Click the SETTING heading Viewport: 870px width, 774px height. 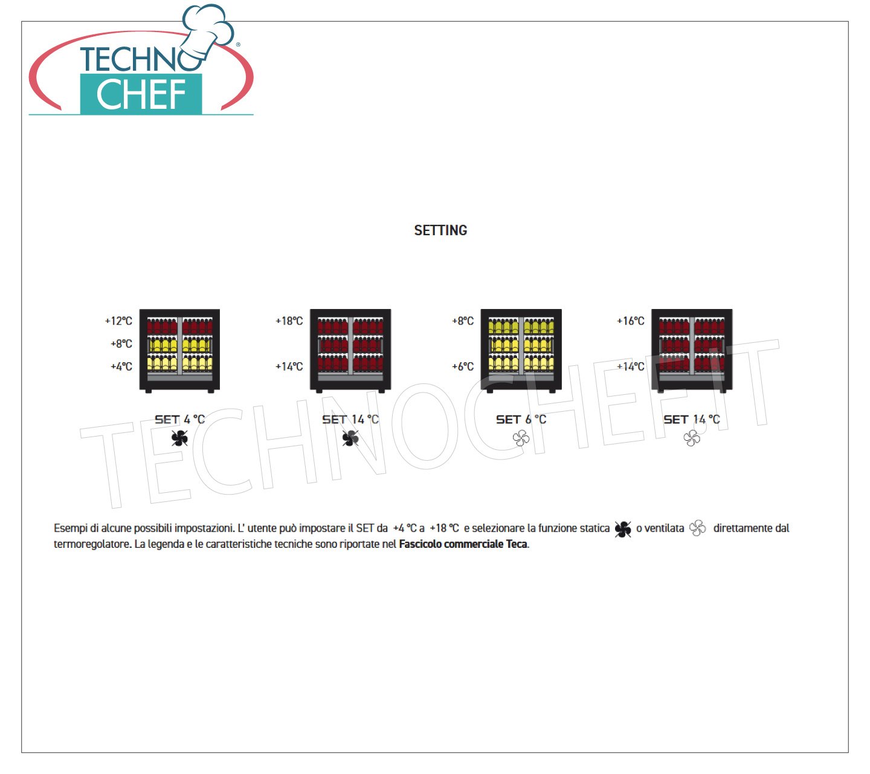(x=440, y=230)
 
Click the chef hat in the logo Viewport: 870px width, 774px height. (x=208, y=31)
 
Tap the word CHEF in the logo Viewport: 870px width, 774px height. (x=141, y=94)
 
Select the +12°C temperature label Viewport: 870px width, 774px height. (x=118, y=321)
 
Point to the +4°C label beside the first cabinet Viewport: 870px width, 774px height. (x=121, y=366)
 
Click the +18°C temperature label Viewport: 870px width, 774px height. (x=289, y=321)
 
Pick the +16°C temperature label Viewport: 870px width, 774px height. (x=630, y=321)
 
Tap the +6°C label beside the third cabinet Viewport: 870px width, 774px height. (x=462, y=366)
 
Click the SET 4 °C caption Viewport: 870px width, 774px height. (x=179, y=420)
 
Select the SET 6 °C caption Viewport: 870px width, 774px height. (x=521, y=420)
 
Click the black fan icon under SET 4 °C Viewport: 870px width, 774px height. (x=179, y=438)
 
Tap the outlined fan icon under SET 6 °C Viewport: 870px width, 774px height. (x=521, y=438)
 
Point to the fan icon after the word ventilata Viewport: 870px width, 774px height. (x=697, y=528)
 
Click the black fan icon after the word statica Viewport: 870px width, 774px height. (x=623, y=529)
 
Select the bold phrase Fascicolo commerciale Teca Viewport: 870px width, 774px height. (x=463, y=544)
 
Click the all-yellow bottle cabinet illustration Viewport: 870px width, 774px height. (x=521, y=351)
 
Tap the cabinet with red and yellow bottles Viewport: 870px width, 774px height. (x=179, y=351)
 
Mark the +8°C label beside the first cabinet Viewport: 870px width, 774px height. (x=121, y=344)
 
